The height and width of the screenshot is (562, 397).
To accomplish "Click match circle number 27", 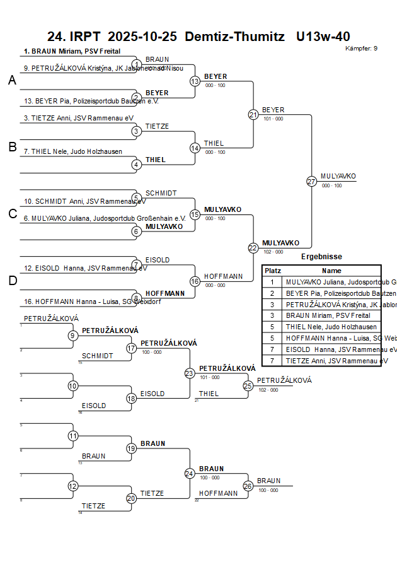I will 311,181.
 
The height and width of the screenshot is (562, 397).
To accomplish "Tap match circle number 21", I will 253,114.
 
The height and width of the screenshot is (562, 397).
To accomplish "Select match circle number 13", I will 195,81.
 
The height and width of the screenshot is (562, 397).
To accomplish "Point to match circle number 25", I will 248,385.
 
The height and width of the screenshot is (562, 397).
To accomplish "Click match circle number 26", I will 248,486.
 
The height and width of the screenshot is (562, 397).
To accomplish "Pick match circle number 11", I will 73,436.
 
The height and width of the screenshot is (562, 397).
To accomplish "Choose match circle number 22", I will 253,248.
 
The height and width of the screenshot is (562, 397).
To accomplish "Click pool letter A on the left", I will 12,81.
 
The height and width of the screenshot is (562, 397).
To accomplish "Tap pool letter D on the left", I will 12,281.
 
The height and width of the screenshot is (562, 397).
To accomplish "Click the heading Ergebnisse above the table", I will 321,257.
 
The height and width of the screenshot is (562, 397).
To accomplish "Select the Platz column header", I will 273,270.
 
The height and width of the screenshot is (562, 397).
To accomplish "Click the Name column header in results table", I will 331,270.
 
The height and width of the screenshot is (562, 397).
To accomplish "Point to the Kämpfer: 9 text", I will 362,49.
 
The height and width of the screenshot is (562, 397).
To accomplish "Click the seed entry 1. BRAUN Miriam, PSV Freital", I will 72,51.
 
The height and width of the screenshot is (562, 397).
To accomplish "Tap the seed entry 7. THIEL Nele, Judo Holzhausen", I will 72,151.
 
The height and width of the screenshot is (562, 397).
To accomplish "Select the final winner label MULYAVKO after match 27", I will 338,176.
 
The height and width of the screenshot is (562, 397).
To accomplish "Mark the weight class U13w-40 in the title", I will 323,37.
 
